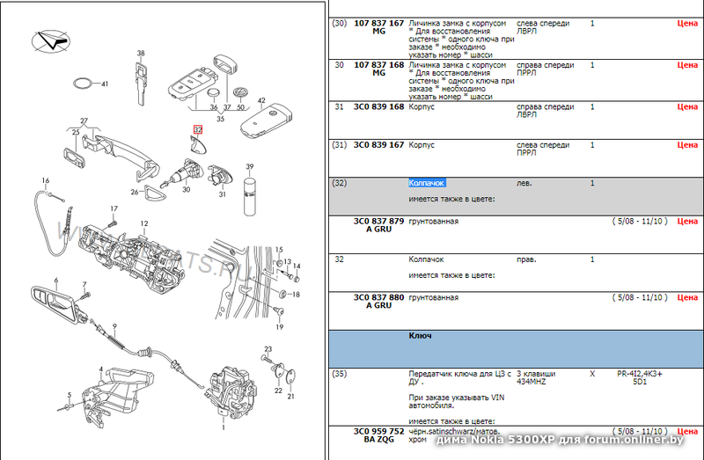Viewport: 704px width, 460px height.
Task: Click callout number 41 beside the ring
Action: (x=105, y=84)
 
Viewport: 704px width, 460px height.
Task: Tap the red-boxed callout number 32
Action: (x=197, y=129)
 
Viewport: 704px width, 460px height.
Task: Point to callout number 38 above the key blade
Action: (x=140, y=54)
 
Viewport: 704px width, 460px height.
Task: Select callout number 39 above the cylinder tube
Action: (x=249, y=166)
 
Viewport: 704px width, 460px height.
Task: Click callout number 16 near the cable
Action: (x=45, y=179)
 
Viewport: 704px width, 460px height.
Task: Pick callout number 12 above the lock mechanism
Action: (x=143, y=223)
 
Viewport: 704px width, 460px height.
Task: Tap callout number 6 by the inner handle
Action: (x=55, y=282)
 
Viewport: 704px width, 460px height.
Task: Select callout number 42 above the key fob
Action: (x=261, y=101)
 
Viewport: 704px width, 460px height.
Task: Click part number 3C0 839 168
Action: (x=378, y=106)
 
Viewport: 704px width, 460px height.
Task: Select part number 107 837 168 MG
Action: (x=378, y=69)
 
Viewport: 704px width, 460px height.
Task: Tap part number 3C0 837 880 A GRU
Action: (x=378, y=302)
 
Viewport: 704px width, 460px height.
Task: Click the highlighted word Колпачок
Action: (x=427, y=183)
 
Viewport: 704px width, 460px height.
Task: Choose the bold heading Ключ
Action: (x=420, y=336)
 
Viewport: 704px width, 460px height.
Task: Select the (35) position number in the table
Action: (x=339, y=373)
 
